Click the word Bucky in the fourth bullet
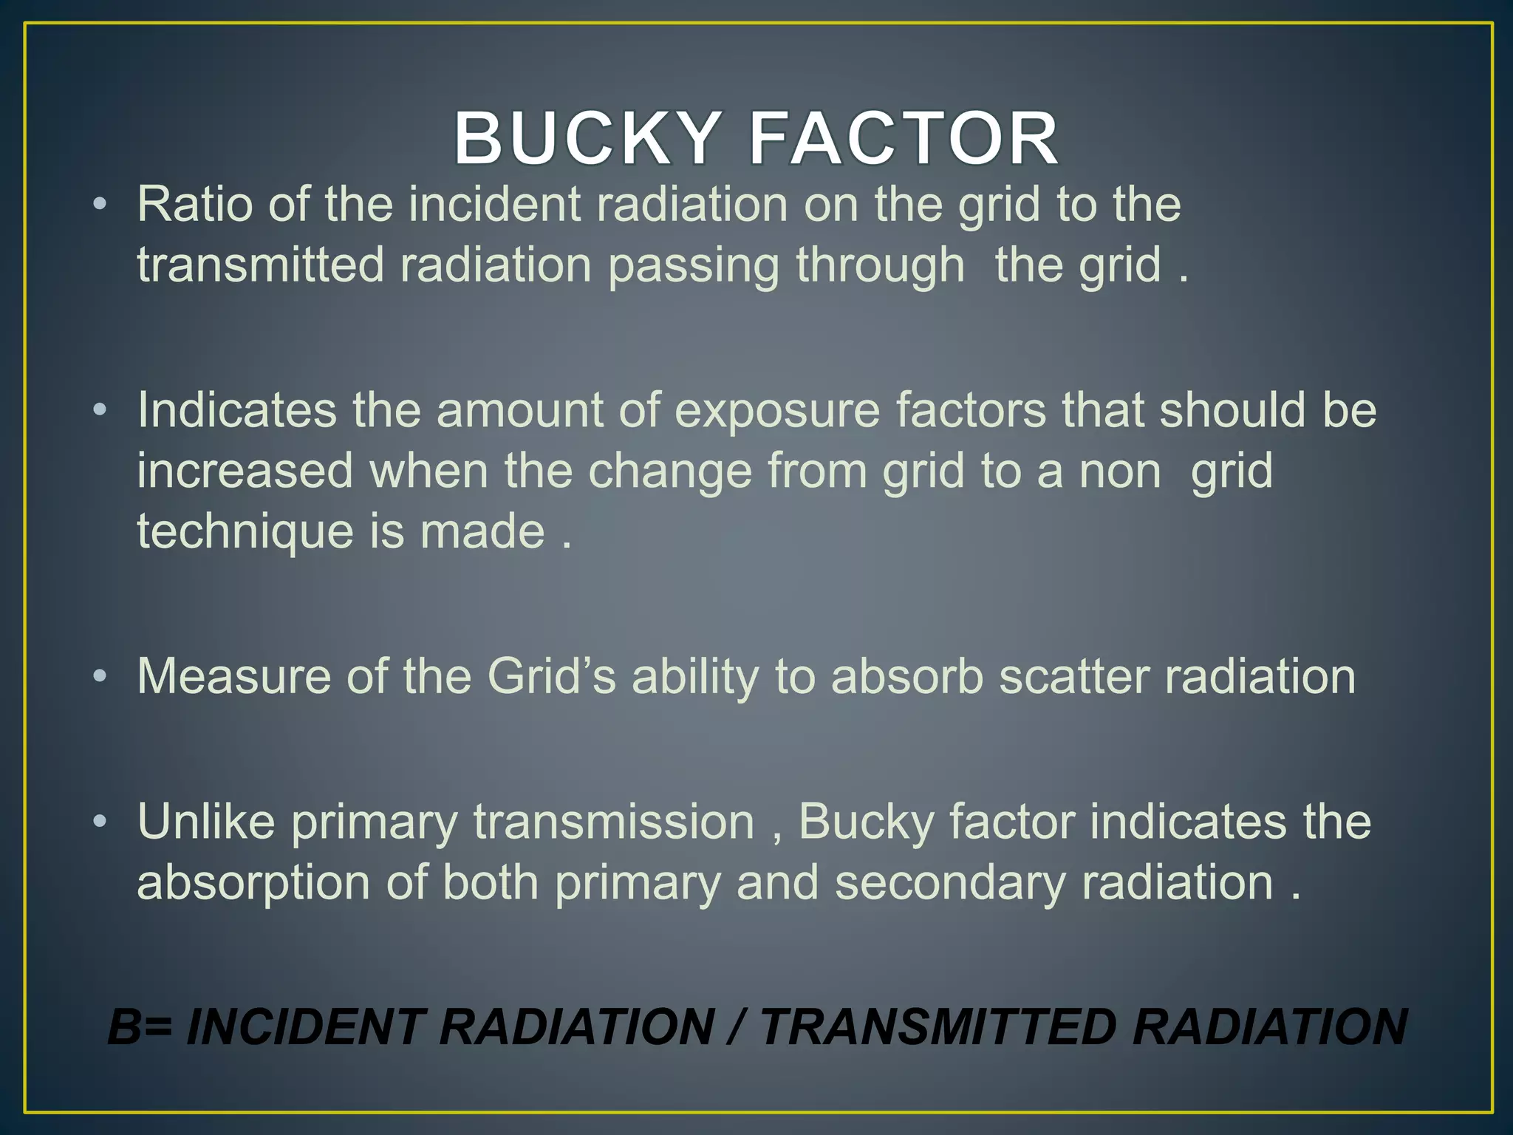pos(866,822)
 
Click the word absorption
pos(253,883)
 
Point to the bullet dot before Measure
pos(100,675)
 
